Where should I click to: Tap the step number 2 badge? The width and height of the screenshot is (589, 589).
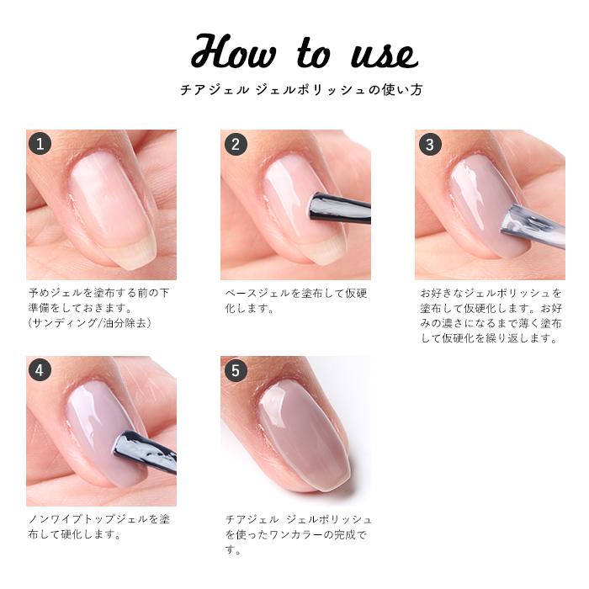tap(235, 144)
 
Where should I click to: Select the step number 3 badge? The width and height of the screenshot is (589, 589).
tap(429, 144)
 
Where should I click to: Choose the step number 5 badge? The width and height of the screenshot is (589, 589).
tap(235, 369)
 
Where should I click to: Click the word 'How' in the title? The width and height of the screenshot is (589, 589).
tap(233, 52)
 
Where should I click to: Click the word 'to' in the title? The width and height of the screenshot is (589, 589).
tap(313, 54)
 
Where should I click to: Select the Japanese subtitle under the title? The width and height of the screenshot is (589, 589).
tap(294, 90)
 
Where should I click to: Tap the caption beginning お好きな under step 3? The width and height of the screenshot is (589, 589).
tap(491, 316)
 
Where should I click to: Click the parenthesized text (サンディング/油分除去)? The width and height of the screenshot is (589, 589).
tap(90, 323)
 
